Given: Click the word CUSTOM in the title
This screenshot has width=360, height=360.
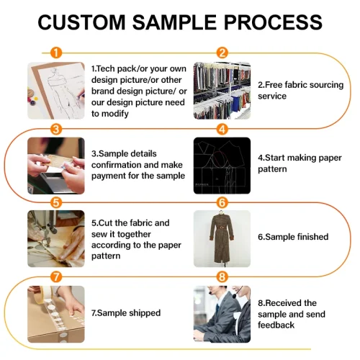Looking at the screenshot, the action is [81, 22].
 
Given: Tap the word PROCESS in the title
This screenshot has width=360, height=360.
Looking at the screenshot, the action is [273, 22].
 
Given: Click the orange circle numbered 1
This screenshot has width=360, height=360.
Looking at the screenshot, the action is [56, 53].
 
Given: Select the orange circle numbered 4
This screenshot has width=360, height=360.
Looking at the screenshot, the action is [222, 130].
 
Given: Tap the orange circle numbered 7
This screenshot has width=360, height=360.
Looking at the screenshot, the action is [56, 276].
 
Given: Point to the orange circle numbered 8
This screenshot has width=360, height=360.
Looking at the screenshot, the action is [222, 276].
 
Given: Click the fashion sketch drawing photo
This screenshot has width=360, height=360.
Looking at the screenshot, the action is [56, 91].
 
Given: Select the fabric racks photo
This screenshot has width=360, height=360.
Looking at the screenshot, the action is [222, 91].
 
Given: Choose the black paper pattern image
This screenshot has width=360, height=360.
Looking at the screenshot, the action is [222, 166].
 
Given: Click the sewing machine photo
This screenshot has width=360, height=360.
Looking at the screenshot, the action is [56, 239].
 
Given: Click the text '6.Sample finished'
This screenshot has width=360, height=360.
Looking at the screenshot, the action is [293, 237].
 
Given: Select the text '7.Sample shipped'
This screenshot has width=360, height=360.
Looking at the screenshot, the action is [126, 313].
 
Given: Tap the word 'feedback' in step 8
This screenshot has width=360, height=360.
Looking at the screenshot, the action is [276, 325].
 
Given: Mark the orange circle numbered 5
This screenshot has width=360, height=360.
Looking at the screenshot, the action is [56, 203].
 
